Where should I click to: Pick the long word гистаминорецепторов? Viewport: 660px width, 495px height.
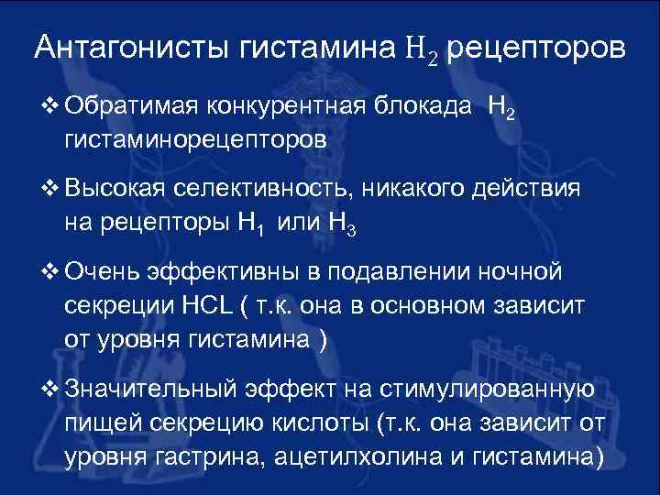pos(195,141)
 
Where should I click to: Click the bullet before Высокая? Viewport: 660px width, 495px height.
pos(50,191)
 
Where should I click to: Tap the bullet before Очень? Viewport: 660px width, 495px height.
pos(50,274)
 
